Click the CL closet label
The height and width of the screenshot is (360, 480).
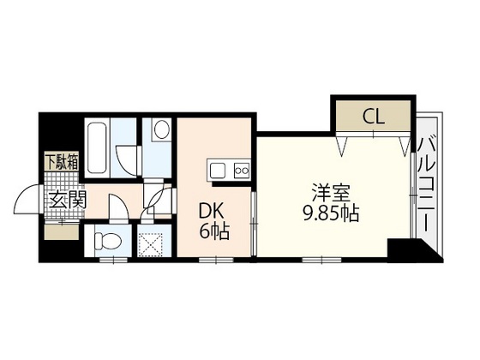pos(372,115)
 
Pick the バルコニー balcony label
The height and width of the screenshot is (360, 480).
pos(425,183)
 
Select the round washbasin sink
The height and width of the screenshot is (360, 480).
pos(159,131)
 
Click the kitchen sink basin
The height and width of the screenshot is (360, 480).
pos(215,170)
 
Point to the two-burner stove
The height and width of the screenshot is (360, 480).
pos(241,170)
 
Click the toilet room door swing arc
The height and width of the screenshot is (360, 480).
pos(120,210)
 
